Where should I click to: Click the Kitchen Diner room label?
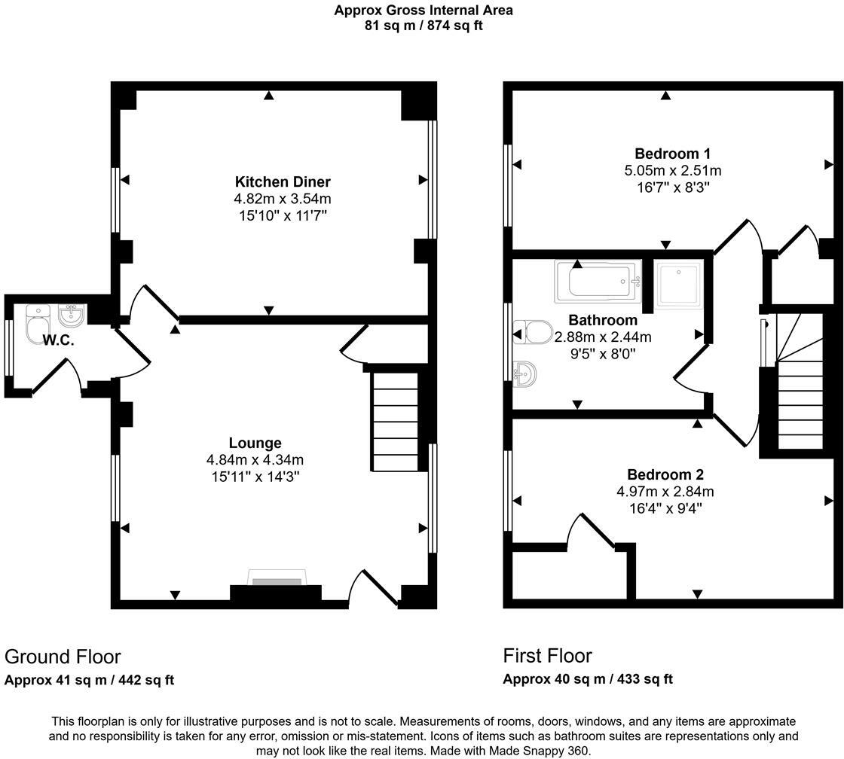283,181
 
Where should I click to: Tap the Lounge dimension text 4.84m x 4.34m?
255,459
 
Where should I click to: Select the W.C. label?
58,340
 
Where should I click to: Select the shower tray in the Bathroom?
678,284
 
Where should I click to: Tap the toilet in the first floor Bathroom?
532,331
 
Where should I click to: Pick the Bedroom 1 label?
667,153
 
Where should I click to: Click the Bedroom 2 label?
665,474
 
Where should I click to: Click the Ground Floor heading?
63,657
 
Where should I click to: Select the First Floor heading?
548,655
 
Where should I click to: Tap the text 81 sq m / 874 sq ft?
424,26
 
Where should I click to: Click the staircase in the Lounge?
396,422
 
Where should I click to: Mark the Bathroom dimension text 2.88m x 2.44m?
603,337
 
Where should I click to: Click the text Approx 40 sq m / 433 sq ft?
588,678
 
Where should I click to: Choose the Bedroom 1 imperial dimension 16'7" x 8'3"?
667,187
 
